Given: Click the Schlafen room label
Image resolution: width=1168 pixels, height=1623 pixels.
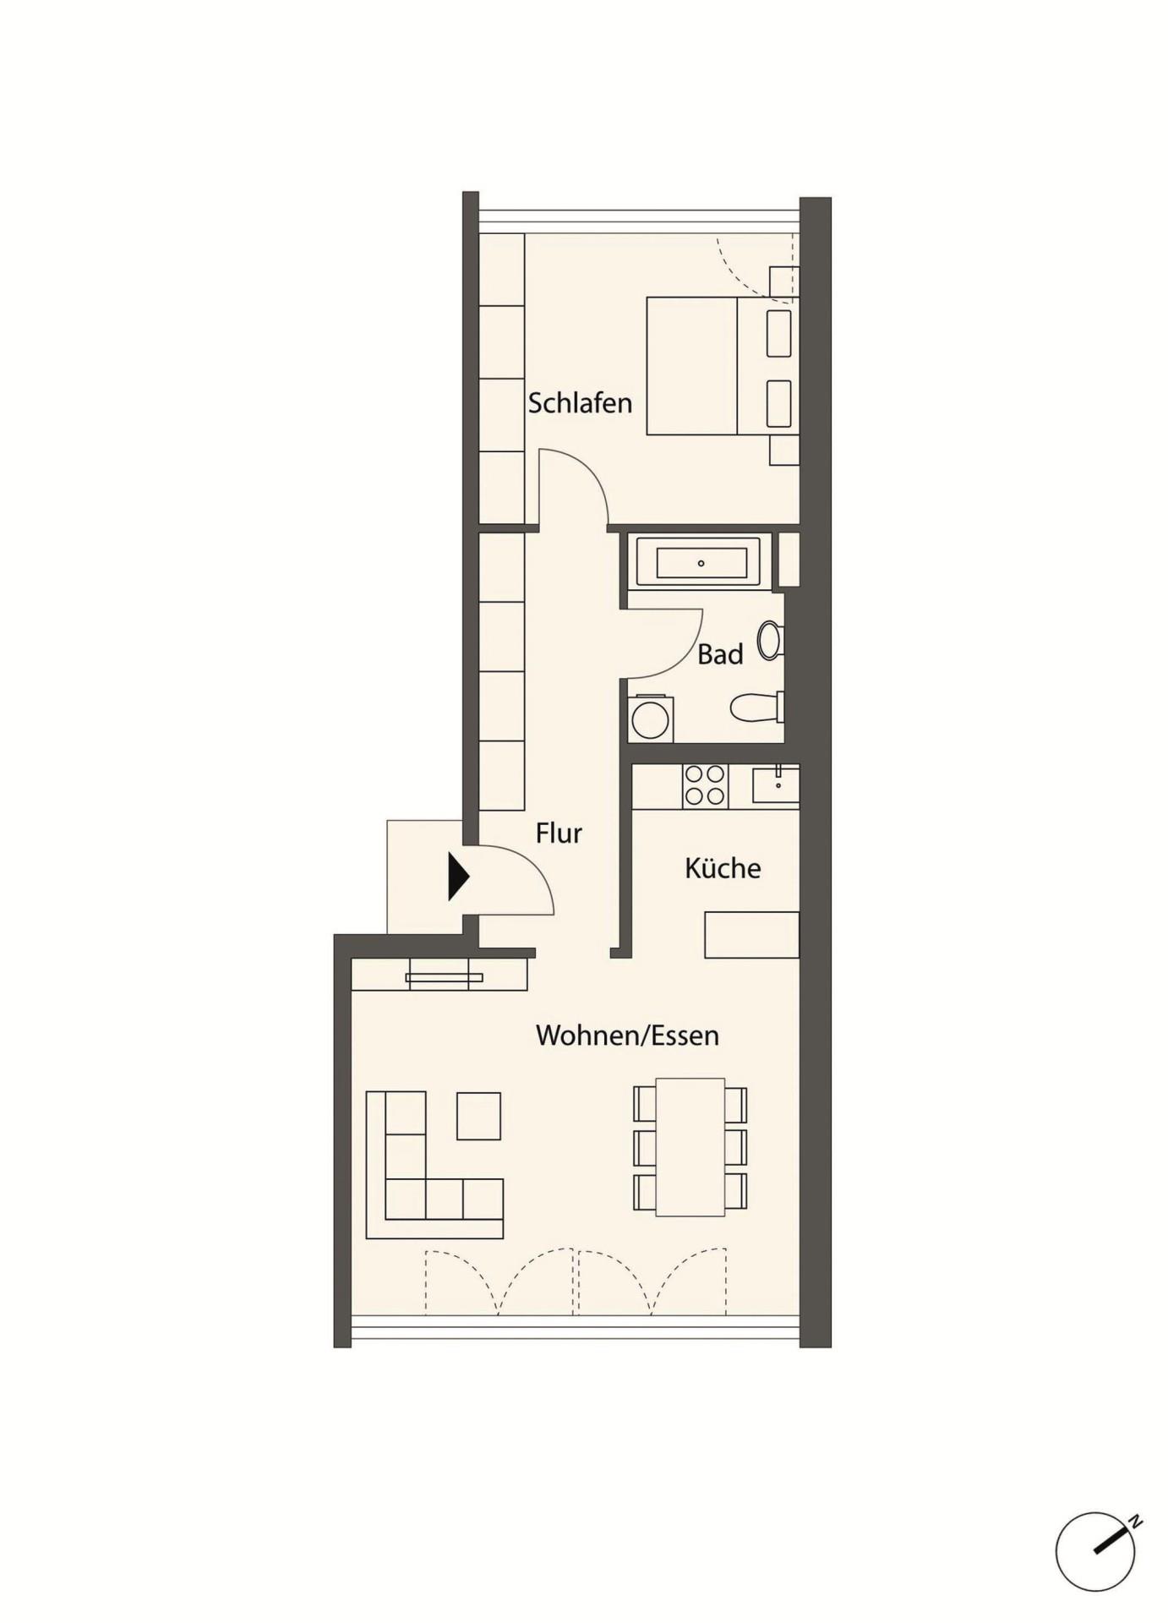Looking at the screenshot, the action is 580,403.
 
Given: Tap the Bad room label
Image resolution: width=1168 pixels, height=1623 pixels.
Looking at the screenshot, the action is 720,654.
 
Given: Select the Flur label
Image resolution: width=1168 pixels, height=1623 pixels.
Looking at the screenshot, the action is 559,833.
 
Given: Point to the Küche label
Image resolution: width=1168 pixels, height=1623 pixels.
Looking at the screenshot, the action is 723,868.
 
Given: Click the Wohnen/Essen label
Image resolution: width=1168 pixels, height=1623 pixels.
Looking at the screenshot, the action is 627,1036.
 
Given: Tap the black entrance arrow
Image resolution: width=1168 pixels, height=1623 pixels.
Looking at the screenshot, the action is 458,876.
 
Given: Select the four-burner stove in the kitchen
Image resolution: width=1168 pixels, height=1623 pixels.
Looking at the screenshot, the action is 706,785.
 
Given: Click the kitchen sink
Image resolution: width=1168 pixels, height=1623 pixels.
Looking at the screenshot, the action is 776,784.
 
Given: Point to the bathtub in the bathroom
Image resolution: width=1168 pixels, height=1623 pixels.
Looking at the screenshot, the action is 701,563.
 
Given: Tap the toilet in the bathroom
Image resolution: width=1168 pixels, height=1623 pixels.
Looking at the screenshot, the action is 757,708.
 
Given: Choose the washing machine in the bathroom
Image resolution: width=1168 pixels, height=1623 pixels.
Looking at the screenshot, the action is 650,719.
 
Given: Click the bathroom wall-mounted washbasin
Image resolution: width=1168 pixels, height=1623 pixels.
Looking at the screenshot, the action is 770,641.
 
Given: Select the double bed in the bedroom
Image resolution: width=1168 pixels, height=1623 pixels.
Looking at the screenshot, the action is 723,366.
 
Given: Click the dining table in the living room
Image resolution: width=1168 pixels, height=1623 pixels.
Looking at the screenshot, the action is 690,1147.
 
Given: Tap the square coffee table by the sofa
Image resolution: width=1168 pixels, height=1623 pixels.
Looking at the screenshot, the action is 479,1116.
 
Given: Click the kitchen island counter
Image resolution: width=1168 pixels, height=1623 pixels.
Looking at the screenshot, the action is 752,934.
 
